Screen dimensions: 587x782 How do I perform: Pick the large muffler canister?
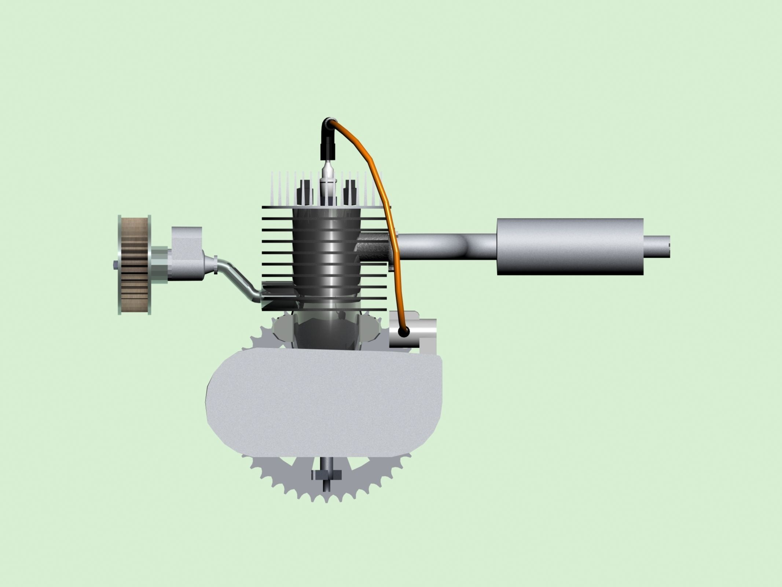point(570,247)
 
